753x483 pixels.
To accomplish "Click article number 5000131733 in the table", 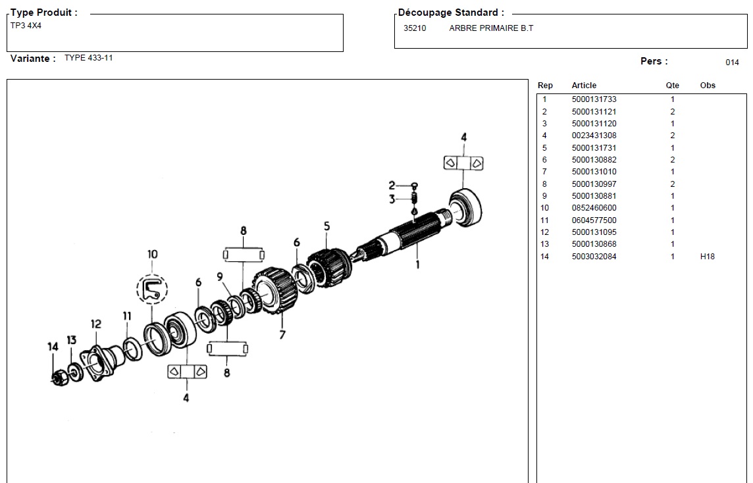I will pyautogui.click(x=594, y=99).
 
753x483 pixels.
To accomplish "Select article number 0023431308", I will pyautogui.click(x=594, y=136).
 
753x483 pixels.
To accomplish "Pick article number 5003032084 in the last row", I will pyautogui.click(x=594, y=257).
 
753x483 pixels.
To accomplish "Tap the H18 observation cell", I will pyautogui.click(x=707, y=257).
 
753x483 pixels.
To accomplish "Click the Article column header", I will pyautogui.click(x=584, y=86).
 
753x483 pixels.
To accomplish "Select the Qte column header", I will pyautogui.click(x=672, y=86).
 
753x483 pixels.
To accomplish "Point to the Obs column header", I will pyautogui.click(x=708, y=86).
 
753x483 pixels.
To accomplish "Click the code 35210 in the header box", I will pyautogui.click(x=415, y=28).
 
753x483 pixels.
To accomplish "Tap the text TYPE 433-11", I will pyautogui.click(x=89, y=58).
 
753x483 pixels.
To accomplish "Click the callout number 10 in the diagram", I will pyautogui.click(x=152, y=255).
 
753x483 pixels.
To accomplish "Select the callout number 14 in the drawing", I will pyautogui.click(x=53, y=347).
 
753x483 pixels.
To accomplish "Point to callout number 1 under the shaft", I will pyautogui.click(x=416, y=265).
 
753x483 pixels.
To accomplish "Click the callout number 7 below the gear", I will pyautogui.click(x=282, y=334).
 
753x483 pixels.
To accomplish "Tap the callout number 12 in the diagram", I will pyautogui.click(x=96, y=324).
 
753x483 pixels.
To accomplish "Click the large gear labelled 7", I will pyautogui.click(x=275, y=292).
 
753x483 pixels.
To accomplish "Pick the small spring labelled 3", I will pyautogui.click(x=415, y=198).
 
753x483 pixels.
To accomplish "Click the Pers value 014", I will pyautogui.click(x=732, y=63).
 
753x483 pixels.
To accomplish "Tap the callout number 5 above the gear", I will pyautogui.click(x=326, y=227).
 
